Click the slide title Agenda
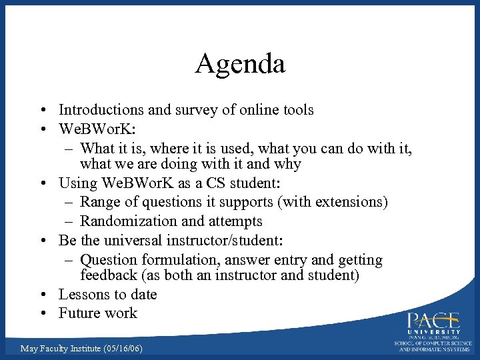tap(240, 64)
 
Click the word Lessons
tap(83, 295)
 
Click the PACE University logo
tap(434, 329)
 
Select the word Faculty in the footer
tap(57, 349)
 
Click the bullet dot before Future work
tap(43, 313)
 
